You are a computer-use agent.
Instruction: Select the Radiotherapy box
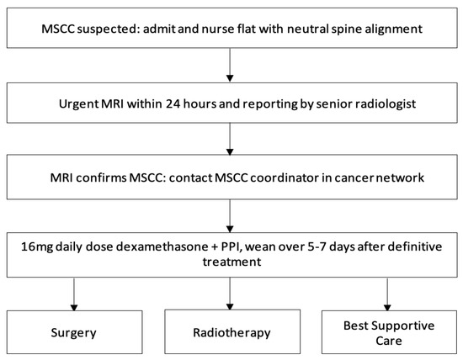(230, 332)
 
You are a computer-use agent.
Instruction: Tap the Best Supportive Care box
(386, 332)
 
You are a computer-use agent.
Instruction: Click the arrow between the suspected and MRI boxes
(230, 66)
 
